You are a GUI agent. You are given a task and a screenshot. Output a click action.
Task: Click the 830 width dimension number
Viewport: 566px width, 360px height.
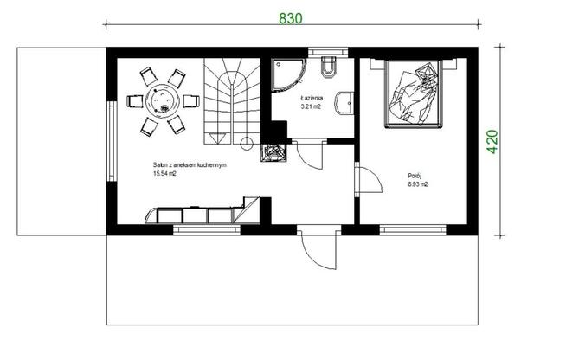(291, 18)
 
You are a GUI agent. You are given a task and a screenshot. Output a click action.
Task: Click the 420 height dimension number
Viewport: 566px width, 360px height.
(492, 142)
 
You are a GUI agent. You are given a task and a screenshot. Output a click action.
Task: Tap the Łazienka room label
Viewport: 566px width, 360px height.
(312, 98)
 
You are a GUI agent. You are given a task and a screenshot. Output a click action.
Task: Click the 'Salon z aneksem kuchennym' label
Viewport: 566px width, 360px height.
(190, 165)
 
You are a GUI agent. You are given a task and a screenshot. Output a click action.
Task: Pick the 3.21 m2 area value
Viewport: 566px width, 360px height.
(311, 107)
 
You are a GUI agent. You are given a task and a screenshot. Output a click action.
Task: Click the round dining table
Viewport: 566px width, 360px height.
(163, 100)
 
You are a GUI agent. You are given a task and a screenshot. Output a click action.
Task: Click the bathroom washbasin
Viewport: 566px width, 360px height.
(344, 103)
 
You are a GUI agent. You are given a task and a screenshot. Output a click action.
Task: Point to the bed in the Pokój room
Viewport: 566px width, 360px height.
(413, 93)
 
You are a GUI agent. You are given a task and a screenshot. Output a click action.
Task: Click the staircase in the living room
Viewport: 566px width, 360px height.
(232, 101)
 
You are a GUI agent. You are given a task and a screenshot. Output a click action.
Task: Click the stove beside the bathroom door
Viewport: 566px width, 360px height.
(274, 152)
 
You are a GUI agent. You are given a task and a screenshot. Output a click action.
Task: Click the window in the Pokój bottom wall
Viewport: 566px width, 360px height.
(413, 229)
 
